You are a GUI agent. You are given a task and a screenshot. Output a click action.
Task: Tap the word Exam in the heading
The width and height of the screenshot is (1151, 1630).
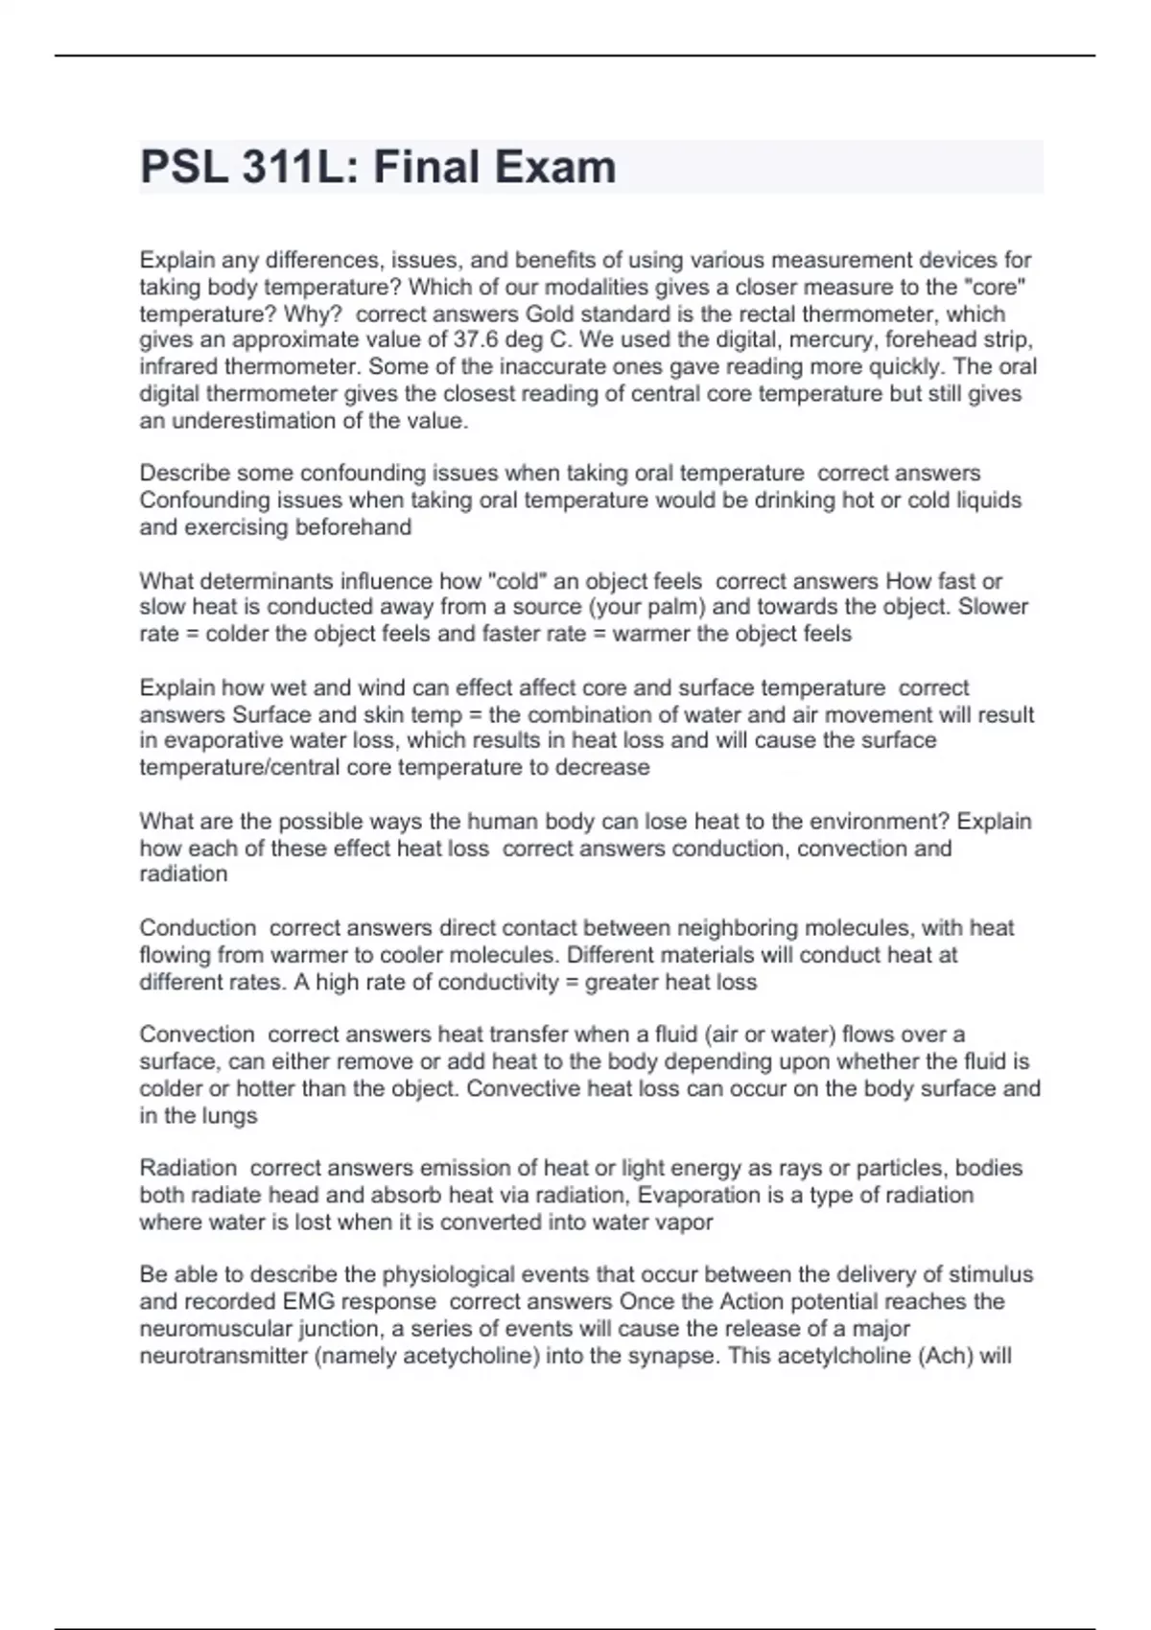click(x=556, y=167)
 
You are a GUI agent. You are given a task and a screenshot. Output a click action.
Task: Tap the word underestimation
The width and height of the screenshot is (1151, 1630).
click(x=260, y=421)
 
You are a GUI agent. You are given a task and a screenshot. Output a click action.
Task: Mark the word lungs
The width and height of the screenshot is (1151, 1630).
click(x=229, y=1116)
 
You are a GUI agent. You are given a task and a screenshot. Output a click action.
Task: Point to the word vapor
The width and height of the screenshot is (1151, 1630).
click(x=684, y=1222)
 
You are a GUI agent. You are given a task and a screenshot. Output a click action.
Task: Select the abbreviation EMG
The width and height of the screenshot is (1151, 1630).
click(x=308, y=1302)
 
